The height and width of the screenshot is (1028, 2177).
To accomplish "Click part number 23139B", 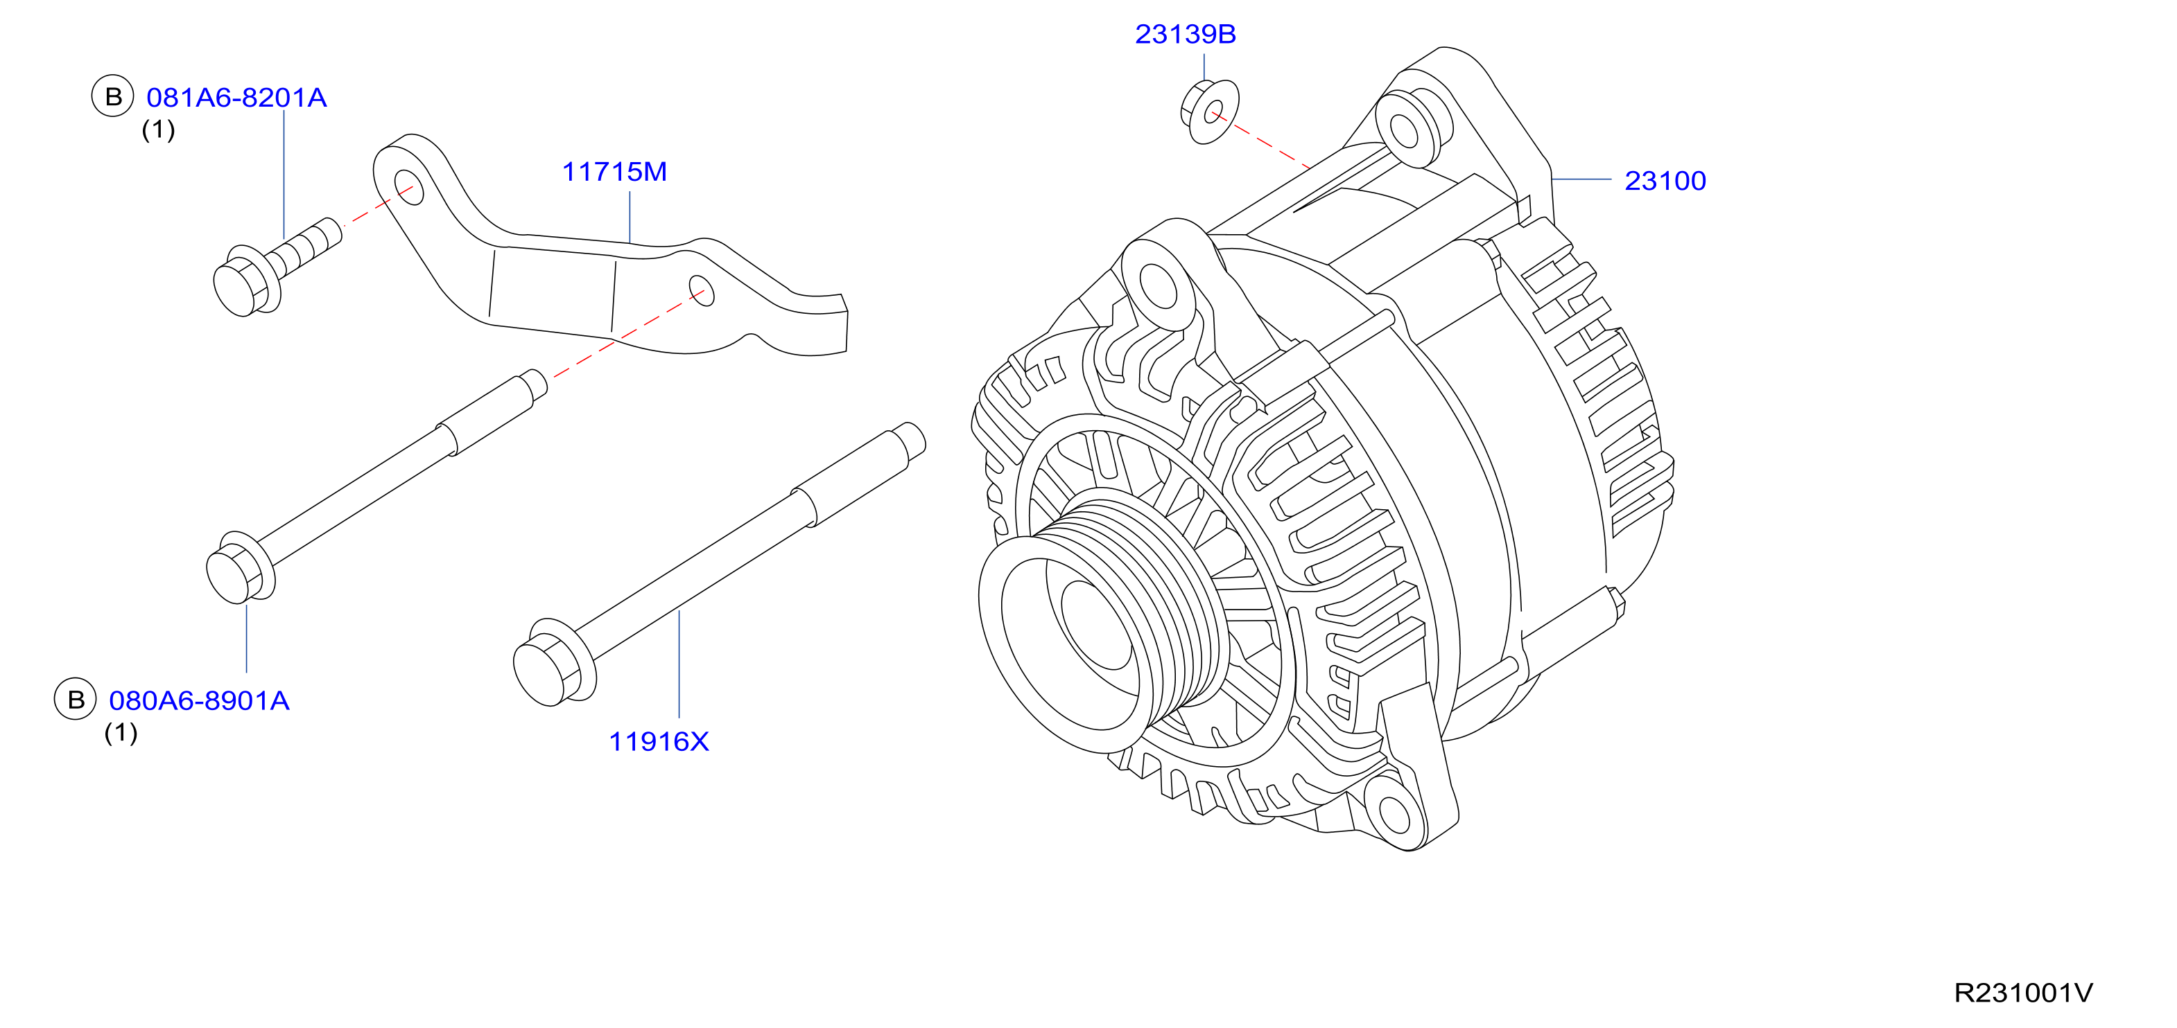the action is tap(1185, 34).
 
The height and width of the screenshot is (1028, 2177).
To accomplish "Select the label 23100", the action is tap(1665, 181).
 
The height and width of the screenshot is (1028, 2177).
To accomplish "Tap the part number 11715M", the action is tap(614, 172).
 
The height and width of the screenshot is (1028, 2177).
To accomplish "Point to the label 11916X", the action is tap(659, 742).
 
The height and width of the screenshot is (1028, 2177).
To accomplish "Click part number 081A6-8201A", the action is tap(236, 98).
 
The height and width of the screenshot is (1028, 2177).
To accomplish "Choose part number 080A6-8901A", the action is tap(200, 701).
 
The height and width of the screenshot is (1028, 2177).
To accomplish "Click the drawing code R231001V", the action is tap(2023, 993).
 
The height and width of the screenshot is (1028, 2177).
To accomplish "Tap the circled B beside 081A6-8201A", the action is tap(113, 96).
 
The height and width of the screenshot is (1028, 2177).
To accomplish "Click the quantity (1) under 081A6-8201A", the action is tap(158, 130).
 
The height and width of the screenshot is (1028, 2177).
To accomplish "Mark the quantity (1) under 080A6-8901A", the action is tap(121, 732).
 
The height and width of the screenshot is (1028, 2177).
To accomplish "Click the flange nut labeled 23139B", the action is tap(1209, 112).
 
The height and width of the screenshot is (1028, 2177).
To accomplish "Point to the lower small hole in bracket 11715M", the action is tap(702, 290).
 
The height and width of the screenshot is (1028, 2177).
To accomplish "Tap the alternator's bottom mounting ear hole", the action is tap(1394, 813).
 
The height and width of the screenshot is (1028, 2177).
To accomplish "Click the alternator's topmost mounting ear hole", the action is tap(1404, 131).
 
